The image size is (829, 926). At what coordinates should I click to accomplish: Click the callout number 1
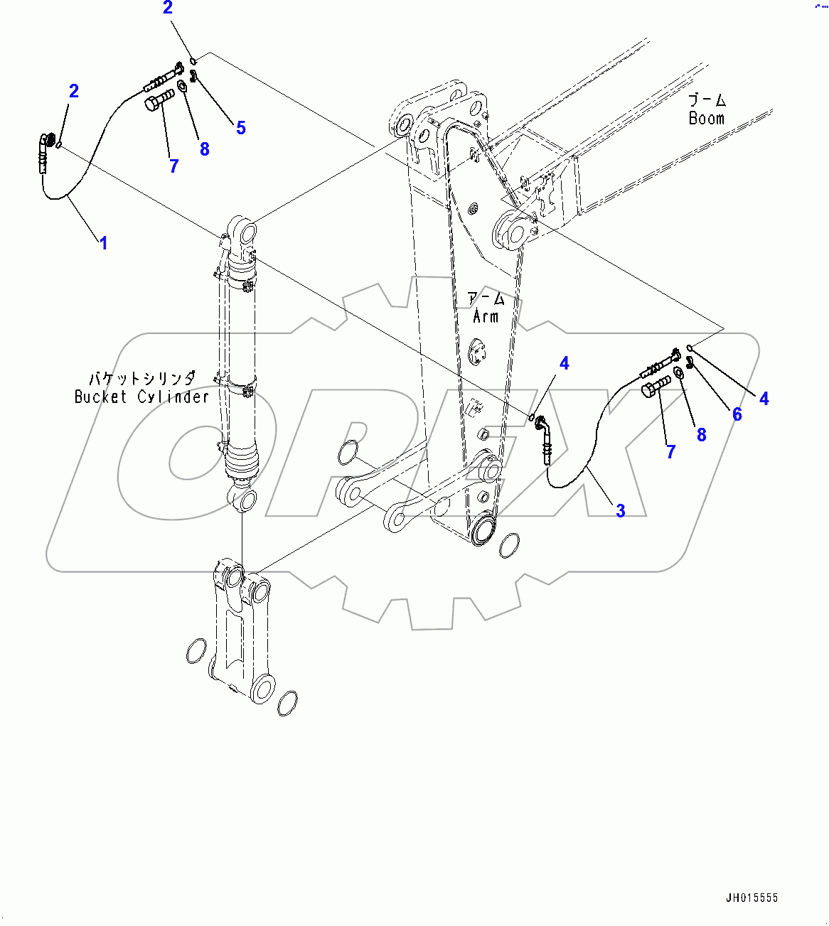pos(104,243)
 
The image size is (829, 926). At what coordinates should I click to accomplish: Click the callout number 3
pos(621,510)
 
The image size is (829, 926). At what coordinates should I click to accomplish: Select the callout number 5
pos(241,128)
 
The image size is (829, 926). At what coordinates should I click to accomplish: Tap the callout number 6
pos(737,414)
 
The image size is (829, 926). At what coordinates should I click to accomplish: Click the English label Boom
pos(706,119)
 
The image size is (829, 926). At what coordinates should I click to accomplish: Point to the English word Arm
pos(486,316)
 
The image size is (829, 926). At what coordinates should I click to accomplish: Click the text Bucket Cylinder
pos(142,397)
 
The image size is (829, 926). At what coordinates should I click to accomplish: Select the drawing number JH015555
pos(752,898)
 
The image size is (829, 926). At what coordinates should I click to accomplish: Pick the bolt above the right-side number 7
pos(656,387)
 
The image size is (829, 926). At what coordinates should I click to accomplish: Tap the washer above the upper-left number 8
pos(182,87)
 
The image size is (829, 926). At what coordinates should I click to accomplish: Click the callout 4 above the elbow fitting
pos(564,364)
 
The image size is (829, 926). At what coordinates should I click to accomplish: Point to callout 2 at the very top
pos(168,9)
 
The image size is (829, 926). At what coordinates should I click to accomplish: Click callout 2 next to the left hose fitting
pos(73,91)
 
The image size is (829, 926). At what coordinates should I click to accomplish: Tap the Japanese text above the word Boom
pos(707,99)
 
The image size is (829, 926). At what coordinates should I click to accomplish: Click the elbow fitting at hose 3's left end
pos(542,424)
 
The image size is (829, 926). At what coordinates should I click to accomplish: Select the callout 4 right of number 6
pos(764,399)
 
